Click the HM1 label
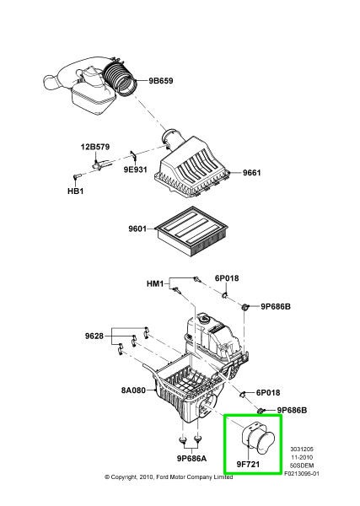click(154, 284)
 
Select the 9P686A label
click(193, 460)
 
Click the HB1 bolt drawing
click(75, 175)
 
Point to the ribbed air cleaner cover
click(199, 165)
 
